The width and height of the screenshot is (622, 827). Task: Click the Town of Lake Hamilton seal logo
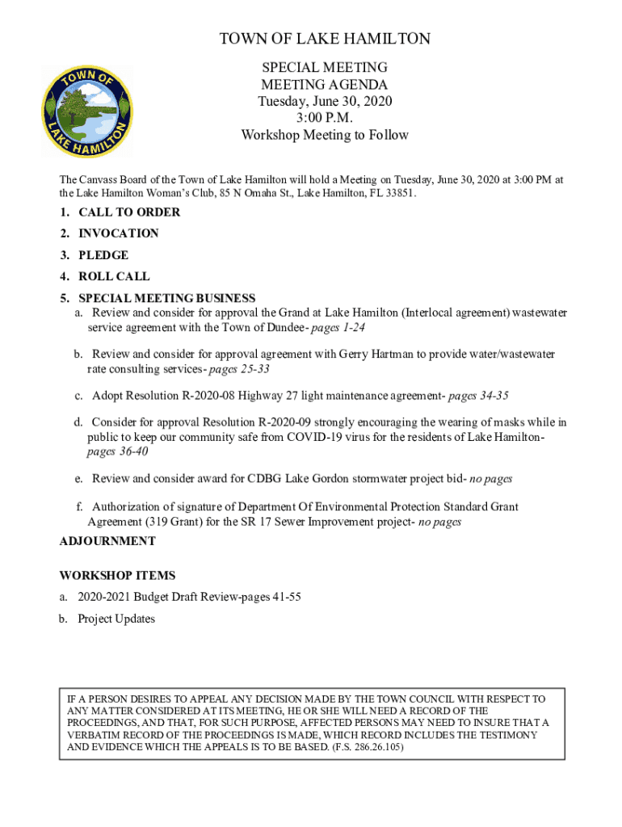coord(86,111)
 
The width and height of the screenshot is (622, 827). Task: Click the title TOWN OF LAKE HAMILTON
coord(325,39)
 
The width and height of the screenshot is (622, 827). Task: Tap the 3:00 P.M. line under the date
coord(325,118)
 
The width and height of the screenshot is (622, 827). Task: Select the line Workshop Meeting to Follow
coord(325,135)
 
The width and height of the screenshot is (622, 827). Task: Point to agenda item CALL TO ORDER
coord(129,212)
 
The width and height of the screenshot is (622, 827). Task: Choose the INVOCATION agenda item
coord(119,233)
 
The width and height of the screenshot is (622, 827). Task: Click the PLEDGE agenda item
coord(103,255)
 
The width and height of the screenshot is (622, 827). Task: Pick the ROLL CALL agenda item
coord(114,276)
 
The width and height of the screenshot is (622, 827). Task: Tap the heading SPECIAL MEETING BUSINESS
coord(166,298)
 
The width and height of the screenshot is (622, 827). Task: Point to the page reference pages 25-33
coord(239,369)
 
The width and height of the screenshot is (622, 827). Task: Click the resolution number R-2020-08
coord(204,396)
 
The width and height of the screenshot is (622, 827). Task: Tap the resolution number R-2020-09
coord(294,422)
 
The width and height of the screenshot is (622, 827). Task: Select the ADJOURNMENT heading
coord(107,541)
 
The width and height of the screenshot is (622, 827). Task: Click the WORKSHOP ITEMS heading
coord(117,576)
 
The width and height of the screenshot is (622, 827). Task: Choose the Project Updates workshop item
coord(116,619)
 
